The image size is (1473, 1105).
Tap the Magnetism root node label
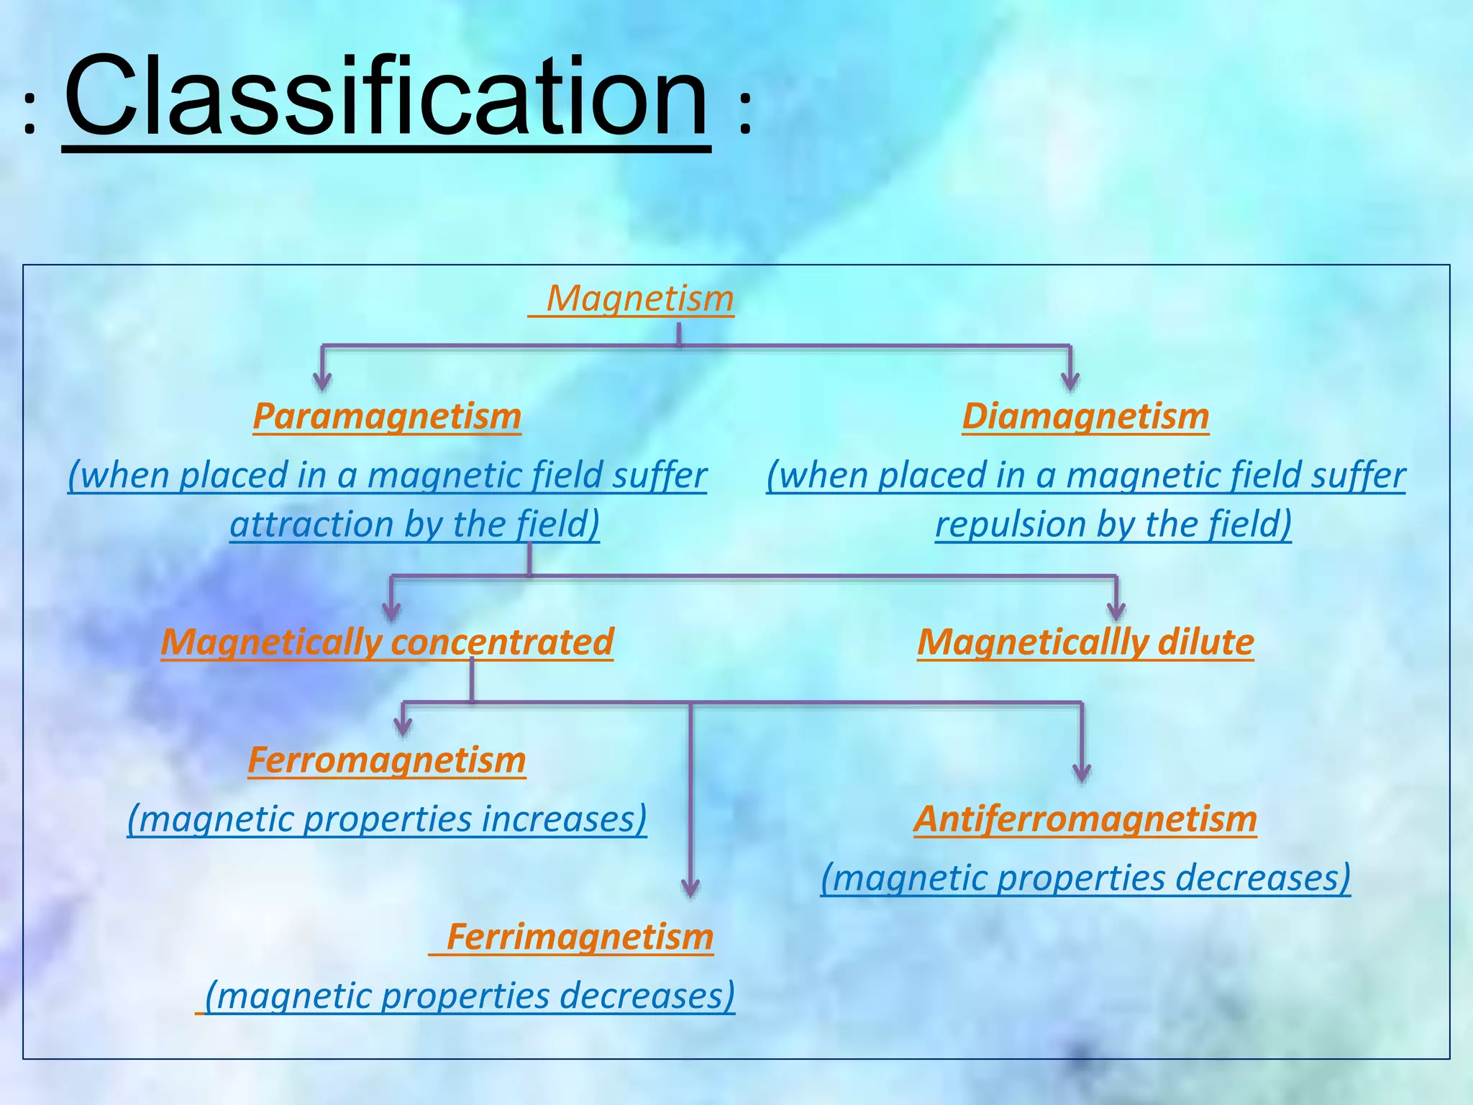point(639,298)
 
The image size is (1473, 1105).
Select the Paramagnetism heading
point(387,416)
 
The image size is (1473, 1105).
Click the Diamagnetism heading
point(1085,416)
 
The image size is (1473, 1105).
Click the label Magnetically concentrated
point(387,642)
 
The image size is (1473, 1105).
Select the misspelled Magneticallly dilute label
point(1085,642)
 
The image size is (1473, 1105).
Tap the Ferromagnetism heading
point(387,760)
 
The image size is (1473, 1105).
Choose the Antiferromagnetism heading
point(1085,819)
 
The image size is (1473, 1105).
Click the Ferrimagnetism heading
point(580,937)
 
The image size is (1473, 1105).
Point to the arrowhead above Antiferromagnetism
point(1081,773)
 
